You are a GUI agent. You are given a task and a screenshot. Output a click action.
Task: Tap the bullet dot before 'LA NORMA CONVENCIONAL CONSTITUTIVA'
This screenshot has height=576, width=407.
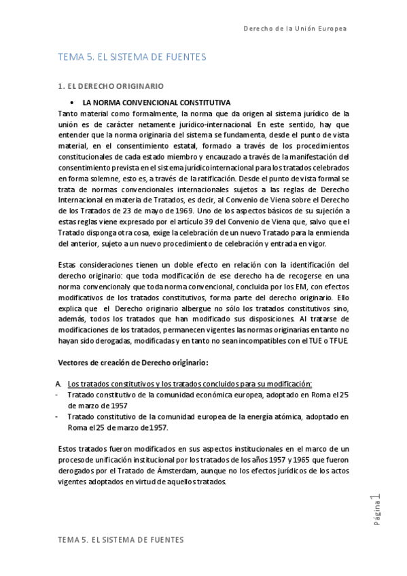pos(71,101)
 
